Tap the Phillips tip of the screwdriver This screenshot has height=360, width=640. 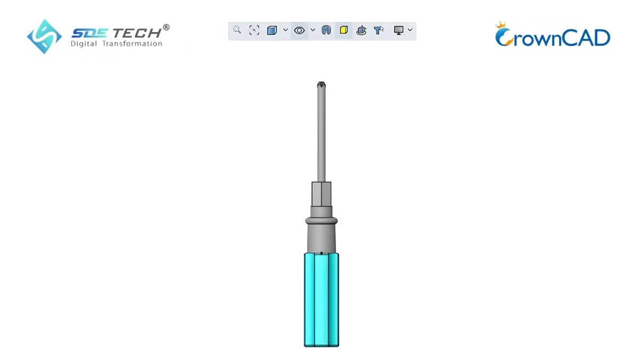(x=321, y=85)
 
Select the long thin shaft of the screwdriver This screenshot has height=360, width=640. (x=321, y=133)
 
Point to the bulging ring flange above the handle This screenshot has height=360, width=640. (x=321, y=220)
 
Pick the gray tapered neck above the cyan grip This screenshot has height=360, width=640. (x=321, y=237)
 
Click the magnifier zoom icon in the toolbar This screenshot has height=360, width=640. (x=237, y=30)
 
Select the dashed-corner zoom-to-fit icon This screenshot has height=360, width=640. (x=254, y=30)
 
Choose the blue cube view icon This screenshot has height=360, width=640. (x=272, y=30)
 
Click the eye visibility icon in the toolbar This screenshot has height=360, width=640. (x=299, y=30)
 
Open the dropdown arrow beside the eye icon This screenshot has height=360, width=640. (x=313, y=30)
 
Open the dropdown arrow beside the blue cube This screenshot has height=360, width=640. (x=285, y=30)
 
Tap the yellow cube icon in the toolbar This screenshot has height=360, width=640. (x=343, y=30)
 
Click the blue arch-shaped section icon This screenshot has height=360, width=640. (x=326, y=30)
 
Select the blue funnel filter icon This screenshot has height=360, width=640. (x=379, y=30)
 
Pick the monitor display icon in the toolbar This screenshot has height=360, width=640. (x=398, y=30)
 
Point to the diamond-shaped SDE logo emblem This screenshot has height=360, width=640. (x=44, y=36)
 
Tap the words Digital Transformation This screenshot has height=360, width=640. (x=116, y=44)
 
